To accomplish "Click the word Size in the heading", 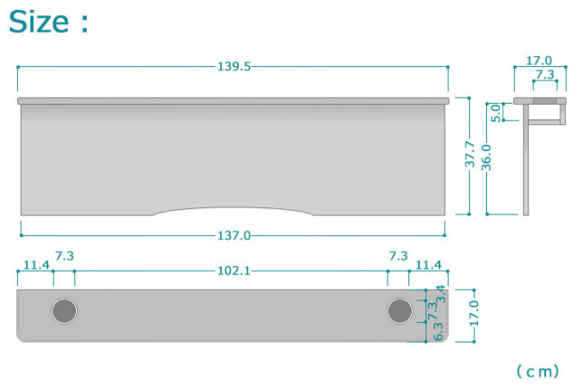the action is pyautogui.click(x=38, y=21).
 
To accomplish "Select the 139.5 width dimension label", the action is pyautogui.click(x=234, y=66).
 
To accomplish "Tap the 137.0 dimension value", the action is pyautogui.click(x=234, y=235).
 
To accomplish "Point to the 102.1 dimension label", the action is pyautogui.click(x=234, y=270).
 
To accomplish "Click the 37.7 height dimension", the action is pyautogui.click(x=469, y=155).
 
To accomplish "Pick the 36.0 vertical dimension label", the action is pyautogui.click(x=486, y=157).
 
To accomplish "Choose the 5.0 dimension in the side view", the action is pyautogui.click(x=495, y=113).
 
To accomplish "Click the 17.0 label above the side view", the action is pyautogui.click(x=539, y=60).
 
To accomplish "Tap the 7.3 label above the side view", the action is pyautogui.click(x=545, y=74).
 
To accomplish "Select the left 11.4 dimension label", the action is pyautogui.click(x=36, y=265).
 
